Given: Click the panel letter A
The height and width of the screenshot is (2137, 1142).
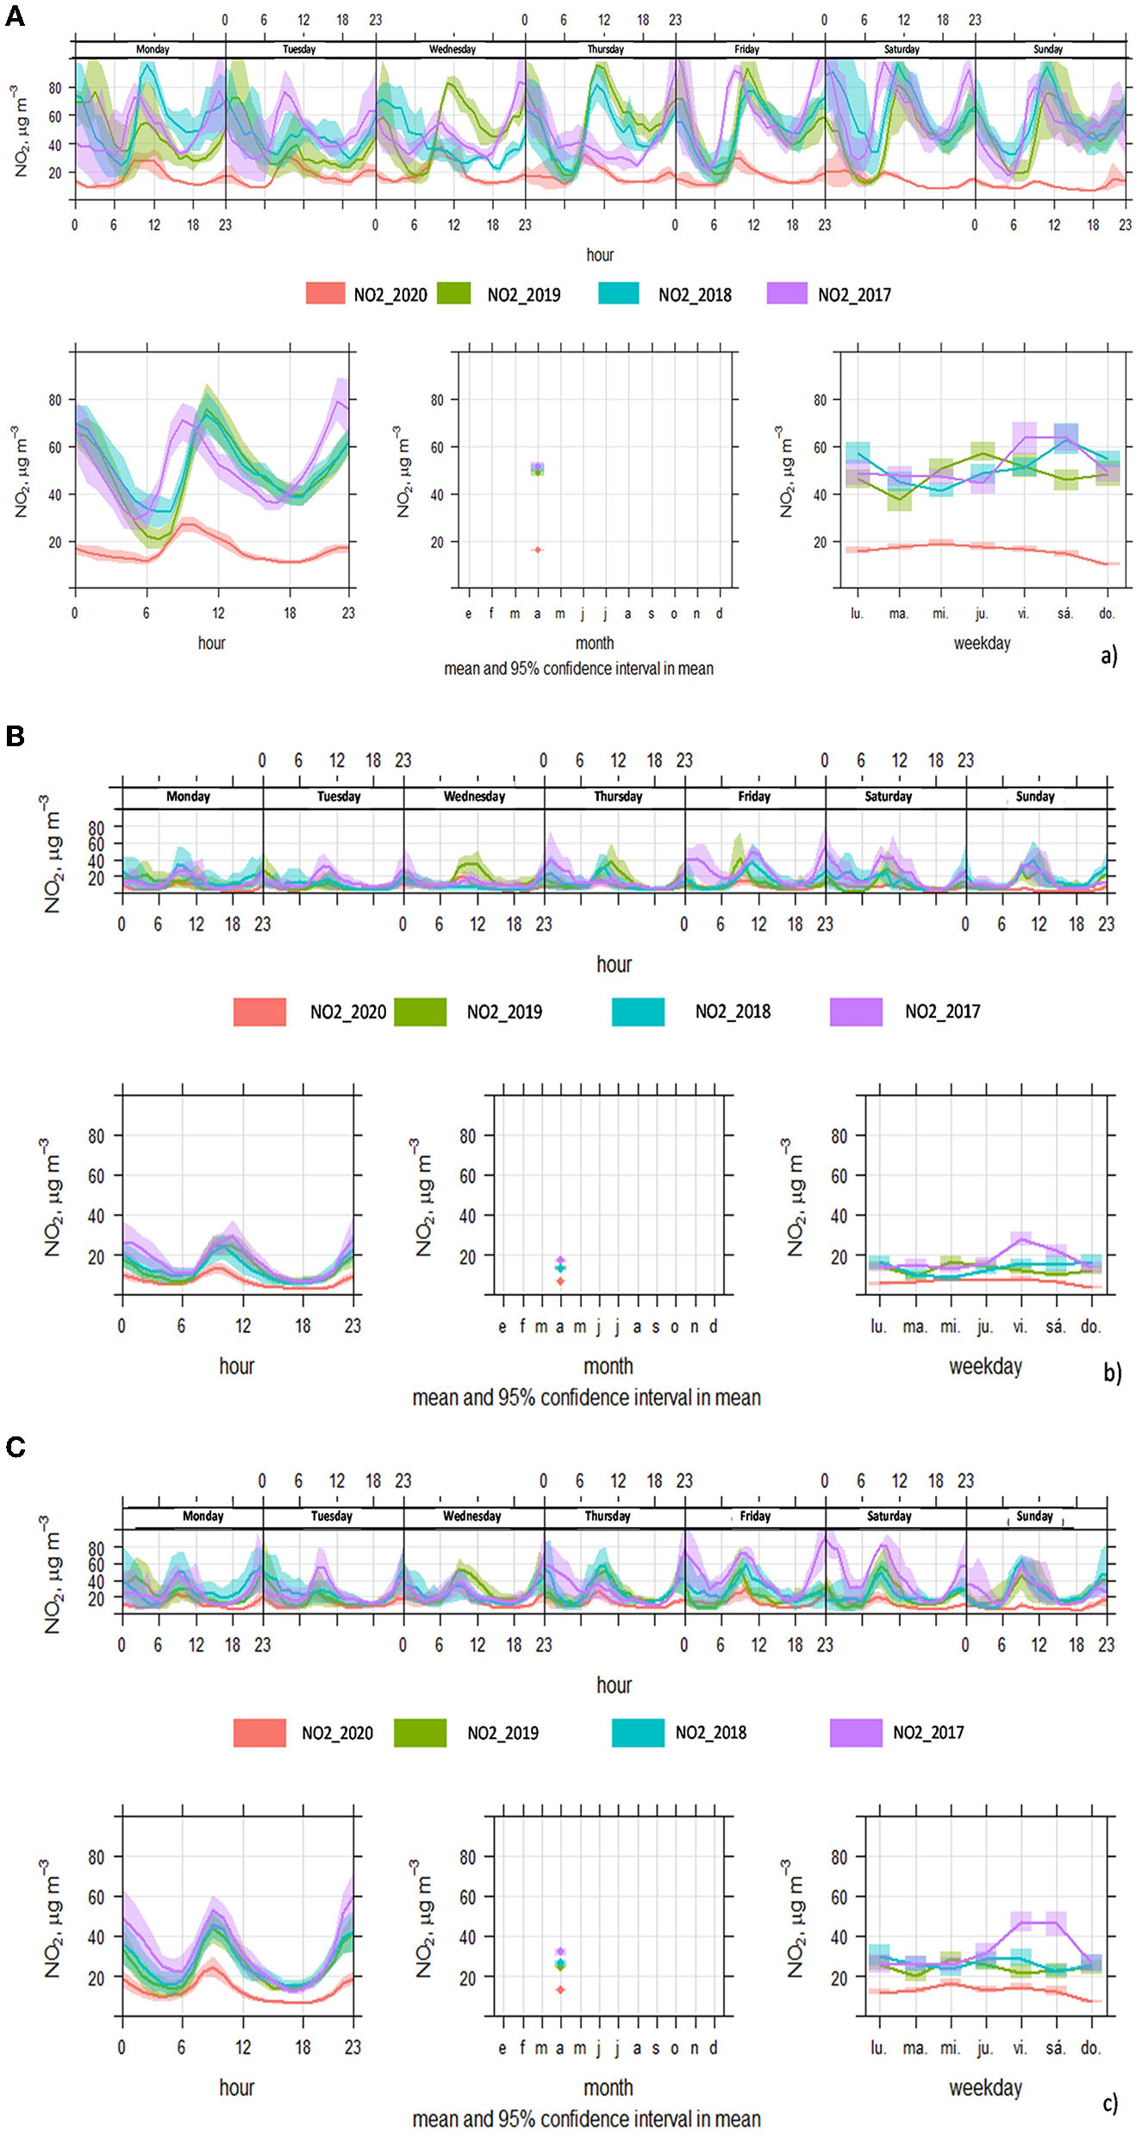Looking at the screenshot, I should coord(15,16).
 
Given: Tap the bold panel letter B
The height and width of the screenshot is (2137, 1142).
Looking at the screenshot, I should coord(15,736).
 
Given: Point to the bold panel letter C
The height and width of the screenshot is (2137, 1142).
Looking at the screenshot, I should coord(15,1447).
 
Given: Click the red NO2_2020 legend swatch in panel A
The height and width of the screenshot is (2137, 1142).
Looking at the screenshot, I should coord(325,294).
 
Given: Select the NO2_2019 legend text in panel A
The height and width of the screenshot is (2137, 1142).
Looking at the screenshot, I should coord(523,295).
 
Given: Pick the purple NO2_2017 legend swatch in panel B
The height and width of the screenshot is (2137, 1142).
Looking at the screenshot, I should coord(855,1012).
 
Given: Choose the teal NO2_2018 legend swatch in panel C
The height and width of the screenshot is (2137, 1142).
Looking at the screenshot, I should coord(638,1732).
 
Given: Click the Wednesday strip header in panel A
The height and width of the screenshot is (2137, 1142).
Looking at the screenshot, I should coord(452,49).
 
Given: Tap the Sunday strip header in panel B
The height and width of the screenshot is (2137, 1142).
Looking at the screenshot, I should coord(1035,796).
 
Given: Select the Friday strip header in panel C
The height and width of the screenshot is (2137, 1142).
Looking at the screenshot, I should coord(755,1516).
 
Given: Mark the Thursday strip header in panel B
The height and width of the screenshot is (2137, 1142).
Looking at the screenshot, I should coord(618,796).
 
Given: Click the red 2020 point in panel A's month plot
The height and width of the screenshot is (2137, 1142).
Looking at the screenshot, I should coord(538,549).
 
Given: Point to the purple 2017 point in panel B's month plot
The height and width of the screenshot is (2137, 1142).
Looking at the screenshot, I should coord(560,1260).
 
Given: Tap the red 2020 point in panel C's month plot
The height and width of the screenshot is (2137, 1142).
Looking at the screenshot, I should coord(560,1990).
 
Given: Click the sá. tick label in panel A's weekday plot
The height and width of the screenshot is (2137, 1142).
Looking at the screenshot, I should coord(1065,614).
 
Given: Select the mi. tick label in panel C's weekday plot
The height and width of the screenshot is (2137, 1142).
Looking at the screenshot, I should coord(950,2047).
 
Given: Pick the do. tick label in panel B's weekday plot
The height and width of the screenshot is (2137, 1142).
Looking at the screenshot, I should coord(1091,1326).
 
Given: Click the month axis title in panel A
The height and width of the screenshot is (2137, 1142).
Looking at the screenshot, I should coord(595,643).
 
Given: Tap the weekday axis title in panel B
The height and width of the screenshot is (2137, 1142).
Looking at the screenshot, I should coord(985,1366).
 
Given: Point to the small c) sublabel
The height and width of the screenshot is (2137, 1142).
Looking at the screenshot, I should coord(1111,2103).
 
